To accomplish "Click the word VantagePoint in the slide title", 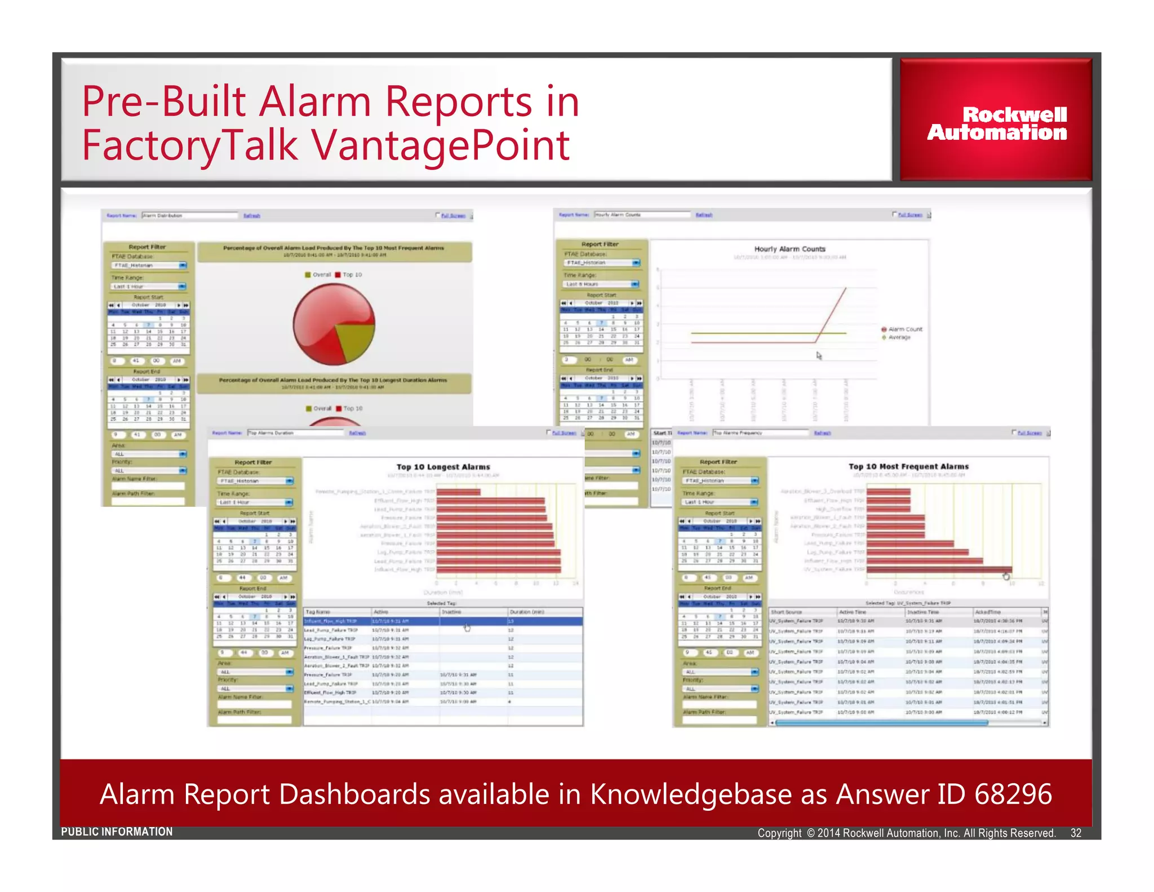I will coord(440,145).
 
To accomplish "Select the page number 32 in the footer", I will coord(1075,833).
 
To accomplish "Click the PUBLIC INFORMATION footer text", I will coord(117,832).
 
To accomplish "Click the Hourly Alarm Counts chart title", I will coord(789,249).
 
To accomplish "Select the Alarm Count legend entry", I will coord(904,329).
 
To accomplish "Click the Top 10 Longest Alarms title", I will coord(443,467).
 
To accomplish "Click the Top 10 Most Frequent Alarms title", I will coord(908,466).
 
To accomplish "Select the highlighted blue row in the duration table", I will coord(443,621).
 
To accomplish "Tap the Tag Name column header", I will coord(318,612).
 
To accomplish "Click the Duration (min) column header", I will coord(527,612).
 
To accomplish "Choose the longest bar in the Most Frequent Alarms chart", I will coord(939,569).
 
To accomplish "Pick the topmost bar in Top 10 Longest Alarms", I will coord(458,492).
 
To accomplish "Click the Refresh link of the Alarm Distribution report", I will coord(251,215).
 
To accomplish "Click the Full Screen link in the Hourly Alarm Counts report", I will coord(909,215).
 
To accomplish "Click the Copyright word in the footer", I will coord(779,833).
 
